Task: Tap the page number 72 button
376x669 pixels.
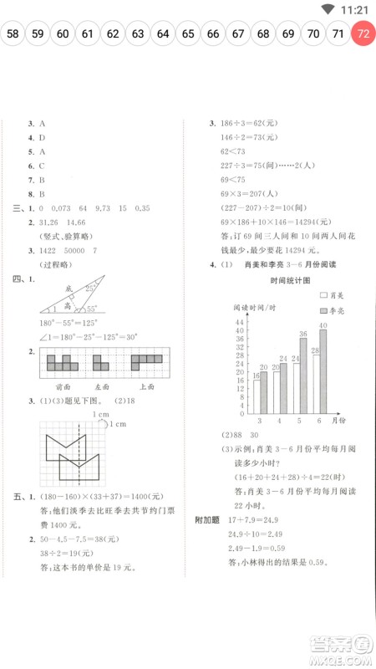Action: tap(363, 34)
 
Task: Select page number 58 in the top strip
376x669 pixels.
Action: tap(13, 34)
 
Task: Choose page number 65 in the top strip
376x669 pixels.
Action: tap(188, 34)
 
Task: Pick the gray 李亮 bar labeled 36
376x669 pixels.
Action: tap(302, 373)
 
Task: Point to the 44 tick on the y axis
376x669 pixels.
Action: tap(239, 322)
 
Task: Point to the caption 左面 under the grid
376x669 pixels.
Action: tap(103, 386)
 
